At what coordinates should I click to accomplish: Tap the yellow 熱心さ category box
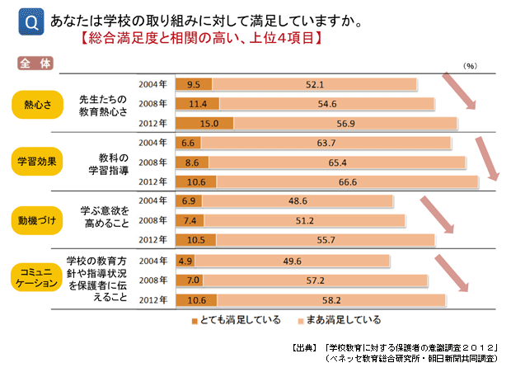pos(37,104)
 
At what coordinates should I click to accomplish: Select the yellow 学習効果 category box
pos(37,162)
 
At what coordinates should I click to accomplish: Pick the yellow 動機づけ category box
pos(37,220)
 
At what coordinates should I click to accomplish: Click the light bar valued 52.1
pos(314,84)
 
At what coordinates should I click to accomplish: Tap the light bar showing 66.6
pos(347,181)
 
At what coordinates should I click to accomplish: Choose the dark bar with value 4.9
pos(185,261)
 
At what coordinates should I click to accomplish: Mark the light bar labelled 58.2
pos(331,299)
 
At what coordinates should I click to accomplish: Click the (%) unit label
pos(470,64)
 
